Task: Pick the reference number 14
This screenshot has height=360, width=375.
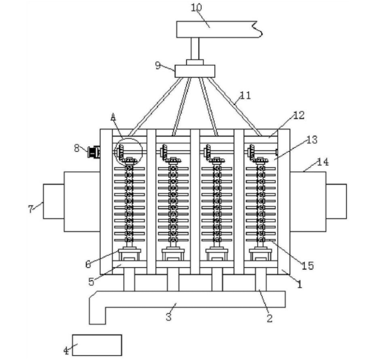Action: (322, 162)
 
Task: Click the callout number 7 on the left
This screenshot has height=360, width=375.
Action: (31, 208)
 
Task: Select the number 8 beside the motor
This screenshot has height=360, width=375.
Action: (77, 148)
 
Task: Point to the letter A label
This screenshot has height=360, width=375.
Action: (113, 118)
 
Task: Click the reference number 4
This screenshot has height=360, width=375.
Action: (66, 351)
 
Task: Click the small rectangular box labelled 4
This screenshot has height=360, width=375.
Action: (97, 344)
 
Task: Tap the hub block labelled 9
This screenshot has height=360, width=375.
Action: (195, 71)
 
